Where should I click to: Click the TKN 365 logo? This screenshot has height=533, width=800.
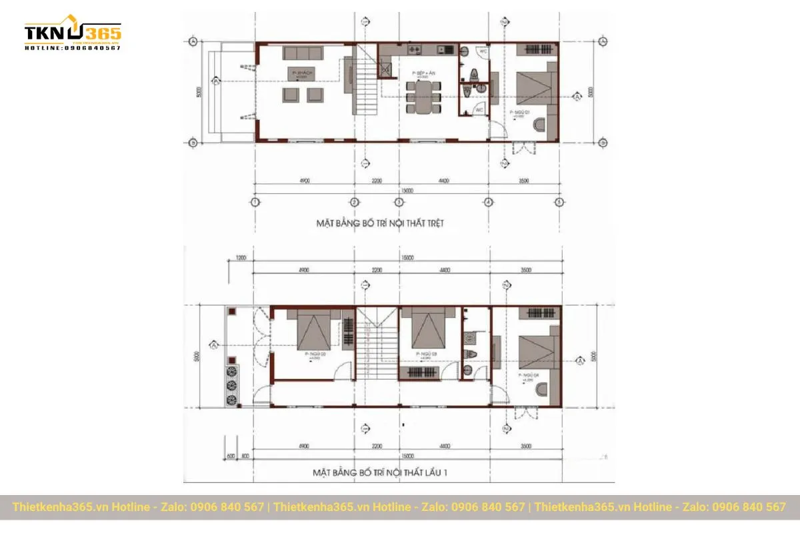(x=73, y=33)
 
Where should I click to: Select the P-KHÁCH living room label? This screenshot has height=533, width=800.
(x=303, y=71)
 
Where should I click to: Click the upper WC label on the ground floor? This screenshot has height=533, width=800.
(x=483, y=51)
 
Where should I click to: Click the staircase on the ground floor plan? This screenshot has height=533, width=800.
(x=365, y=87)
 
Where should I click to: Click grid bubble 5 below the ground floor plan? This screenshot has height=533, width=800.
(x=559, y=202)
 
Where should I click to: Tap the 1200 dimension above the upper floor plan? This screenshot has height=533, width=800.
(x=241, y=257)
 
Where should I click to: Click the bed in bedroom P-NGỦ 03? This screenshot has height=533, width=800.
(x=424, y=328)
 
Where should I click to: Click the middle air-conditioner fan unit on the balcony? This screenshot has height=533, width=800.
(x=233, y=386)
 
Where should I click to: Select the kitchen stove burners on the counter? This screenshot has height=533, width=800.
(x=413, y=49)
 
